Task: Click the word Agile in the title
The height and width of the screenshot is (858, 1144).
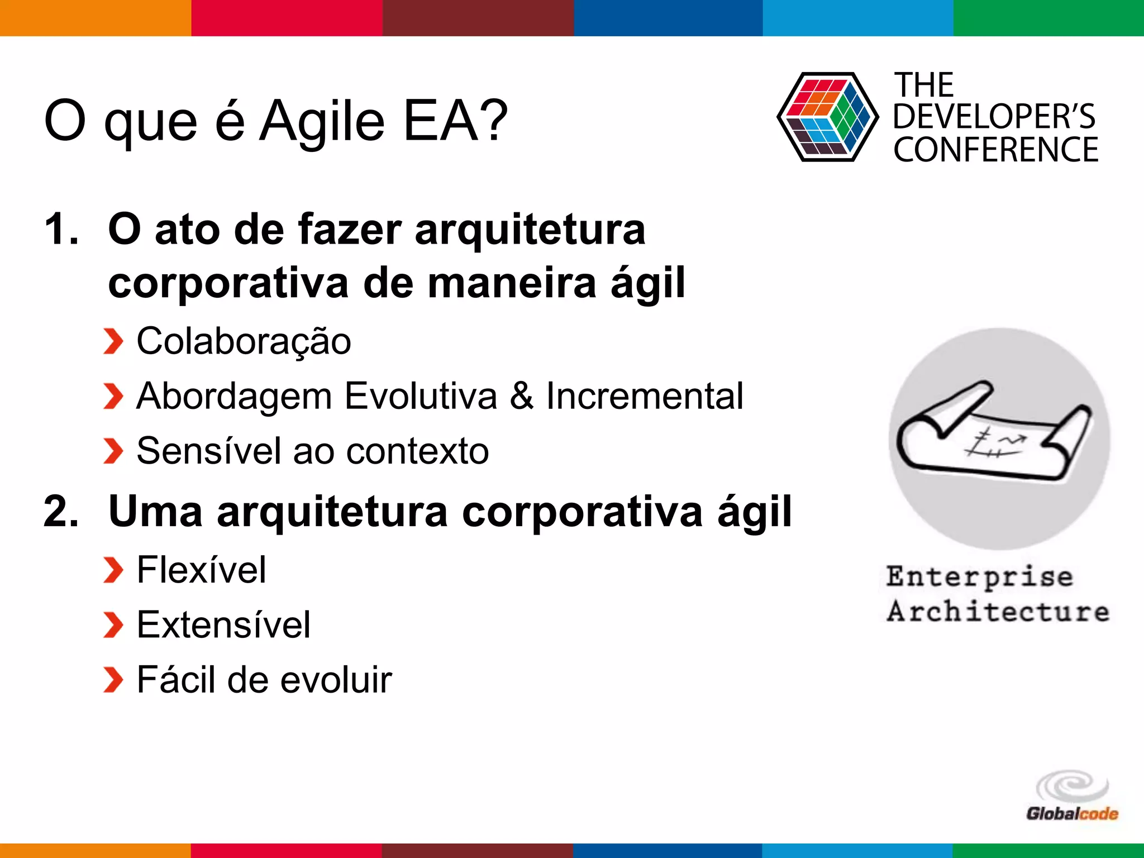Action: (x=322, y=121)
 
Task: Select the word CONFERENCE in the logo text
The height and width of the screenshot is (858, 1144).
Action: (x=995, y=150)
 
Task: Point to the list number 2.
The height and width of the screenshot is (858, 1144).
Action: (x=61, y=511)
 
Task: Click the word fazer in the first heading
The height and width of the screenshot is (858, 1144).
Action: (x=350, y=230)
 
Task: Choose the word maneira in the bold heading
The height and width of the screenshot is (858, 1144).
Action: (x=512, y=283)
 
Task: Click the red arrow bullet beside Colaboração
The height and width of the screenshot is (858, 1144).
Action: (x=113, y=342)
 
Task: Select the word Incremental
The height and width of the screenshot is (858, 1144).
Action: (x=645, y=396)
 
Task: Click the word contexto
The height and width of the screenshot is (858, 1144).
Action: (x=417, y=451)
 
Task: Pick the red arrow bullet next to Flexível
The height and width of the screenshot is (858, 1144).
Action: (x=113, y=570)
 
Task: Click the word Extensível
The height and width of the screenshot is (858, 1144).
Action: (x=223, y=625)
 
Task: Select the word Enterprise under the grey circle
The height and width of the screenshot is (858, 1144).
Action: (x=980, y=577)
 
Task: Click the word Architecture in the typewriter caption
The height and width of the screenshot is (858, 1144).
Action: (x=998, y=611)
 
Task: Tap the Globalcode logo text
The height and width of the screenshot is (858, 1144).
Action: (x=1072, y=814)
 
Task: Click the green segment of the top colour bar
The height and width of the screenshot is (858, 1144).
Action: (x=1048, y=18)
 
